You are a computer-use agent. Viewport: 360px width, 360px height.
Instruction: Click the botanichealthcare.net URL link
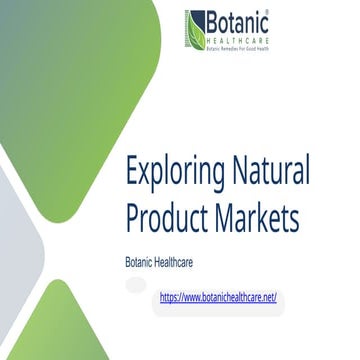coord(217,297)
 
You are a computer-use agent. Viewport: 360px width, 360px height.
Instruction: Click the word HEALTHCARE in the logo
coord(240,38)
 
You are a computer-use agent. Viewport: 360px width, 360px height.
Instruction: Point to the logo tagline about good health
coord(239,47)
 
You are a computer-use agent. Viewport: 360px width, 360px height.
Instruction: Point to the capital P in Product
coord(133,216)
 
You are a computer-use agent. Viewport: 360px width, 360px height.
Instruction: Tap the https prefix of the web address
coord(172,297)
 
